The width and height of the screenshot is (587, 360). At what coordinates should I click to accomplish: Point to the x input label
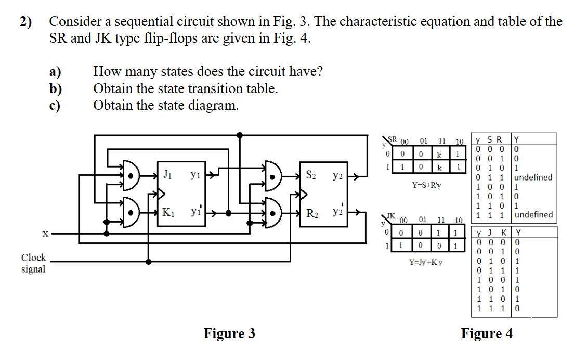point(45,234)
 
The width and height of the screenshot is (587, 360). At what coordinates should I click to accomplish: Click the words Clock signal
point(33,263)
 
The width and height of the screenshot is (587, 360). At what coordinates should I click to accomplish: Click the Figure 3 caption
point(229,333)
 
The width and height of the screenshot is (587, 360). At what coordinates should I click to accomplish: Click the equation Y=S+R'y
point(426,185)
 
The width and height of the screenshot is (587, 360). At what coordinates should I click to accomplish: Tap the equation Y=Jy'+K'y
point(426,263)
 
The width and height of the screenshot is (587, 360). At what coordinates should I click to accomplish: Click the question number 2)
point(25,22)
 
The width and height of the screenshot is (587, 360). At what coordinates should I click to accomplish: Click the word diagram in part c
point(214,105)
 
